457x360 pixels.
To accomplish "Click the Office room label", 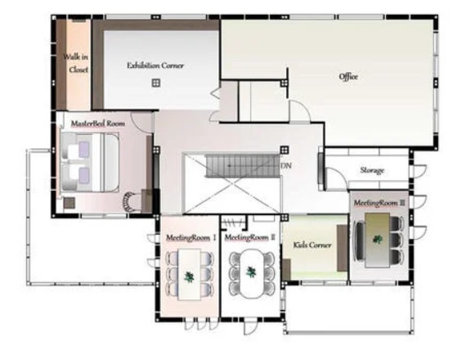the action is click(x=348, y=77).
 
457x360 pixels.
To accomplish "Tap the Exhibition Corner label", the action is click(x=155, y=65).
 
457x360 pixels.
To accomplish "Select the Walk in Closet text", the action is click(x=76, y=63).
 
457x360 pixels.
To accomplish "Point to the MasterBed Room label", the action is click(x=98, y=124).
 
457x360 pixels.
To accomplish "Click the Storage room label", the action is click(x=372, y=170).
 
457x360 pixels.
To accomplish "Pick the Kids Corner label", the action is click(x=312, y=245).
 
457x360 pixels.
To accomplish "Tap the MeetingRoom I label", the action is click(x=191, y=238).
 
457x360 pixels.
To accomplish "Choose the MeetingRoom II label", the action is click(x=250, y=238).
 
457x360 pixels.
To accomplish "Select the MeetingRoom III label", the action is click(x=379, y=203).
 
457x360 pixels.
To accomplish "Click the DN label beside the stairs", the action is click(x=286, y=166).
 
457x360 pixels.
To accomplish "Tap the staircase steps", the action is click(x=243, y=166).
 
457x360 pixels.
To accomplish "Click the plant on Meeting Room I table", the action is click(x=189, y=277).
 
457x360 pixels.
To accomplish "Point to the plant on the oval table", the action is click(x=251, y=272).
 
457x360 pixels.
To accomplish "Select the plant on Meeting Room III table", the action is click(x=378, y=240).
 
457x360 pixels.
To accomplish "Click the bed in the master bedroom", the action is click(x=90, y=162).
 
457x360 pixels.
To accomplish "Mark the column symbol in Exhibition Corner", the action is click(x=156, y=83).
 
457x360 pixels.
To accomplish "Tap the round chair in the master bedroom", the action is click(x=130, y=202).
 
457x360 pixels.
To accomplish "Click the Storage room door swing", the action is click(x=336, y=178).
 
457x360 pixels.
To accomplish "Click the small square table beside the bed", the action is click(x=69, y=203).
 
